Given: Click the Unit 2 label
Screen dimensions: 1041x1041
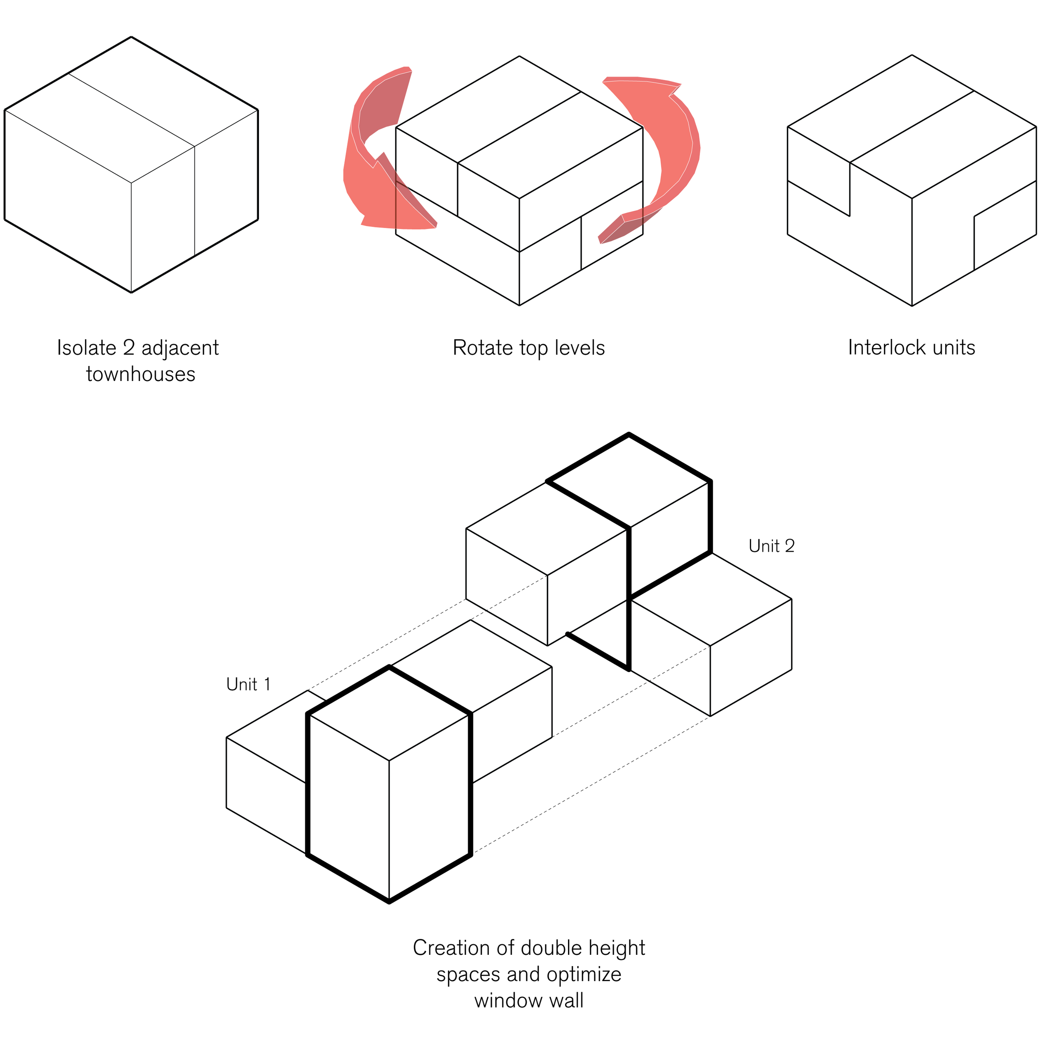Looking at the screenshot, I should [772, 546].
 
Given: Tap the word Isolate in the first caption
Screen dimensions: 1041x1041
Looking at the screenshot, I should [86, 348].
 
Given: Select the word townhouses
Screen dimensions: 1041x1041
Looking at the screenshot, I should [141, 374].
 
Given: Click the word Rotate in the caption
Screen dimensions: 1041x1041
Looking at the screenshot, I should [483, 348].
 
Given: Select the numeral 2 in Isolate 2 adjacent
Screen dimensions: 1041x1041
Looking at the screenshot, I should [129, 348].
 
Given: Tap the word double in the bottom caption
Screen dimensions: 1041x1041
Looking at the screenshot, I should [552, 948].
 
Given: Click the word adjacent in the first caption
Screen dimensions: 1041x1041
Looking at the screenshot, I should [180, 348].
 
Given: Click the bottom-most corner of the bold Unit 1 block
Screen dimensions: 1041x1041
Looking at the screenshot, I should [389, 902].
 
